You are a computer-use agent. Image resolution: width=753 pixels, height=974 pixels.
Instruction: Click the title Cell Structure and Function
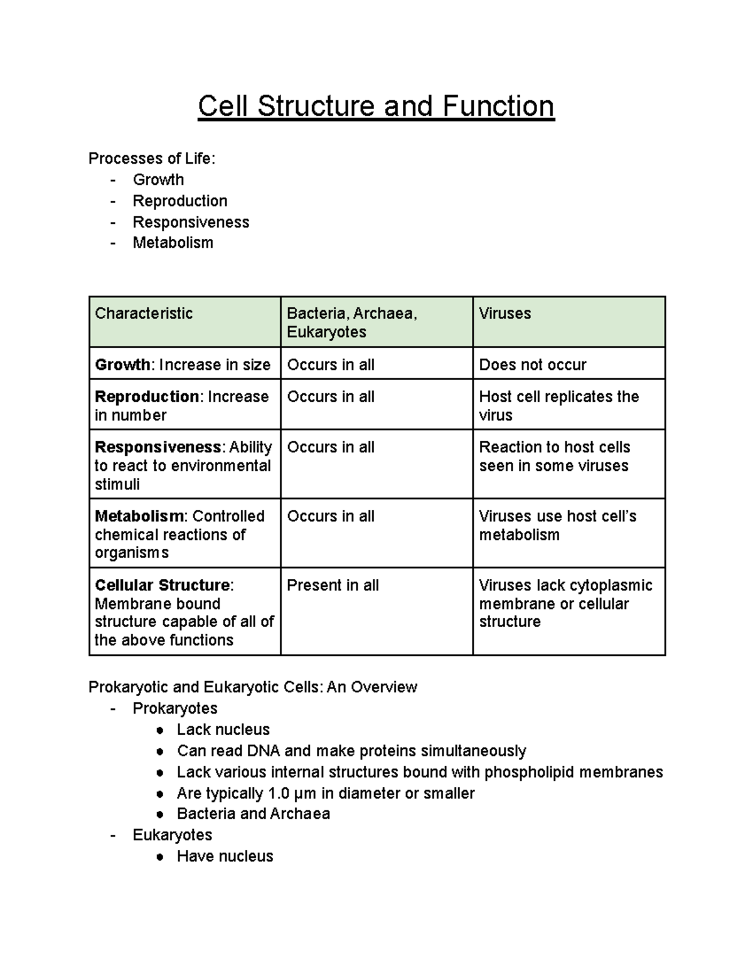pyautogui.click(x=376, y=106)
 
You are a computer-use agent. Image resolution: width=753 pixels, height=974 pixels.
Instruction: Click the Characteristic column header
pyautogui.click(x=144, y=314)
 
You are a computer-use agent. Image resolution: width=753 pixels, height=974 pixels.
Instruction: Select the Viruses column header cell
pyautogui.click(x=505, y=314)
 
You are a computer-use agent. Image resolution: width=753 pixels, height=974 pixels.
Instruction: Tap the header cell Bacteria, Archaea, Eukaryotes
pyautogui.click(x=351, y=322)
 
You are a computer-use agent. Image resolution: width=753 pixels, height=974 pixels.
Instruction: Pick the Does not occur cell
pyautogui.click(x=533, y=365)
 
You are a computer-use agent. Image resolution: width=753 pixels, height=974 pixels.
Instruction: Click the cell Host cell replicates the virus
pyautogui.click(x=558, y=406)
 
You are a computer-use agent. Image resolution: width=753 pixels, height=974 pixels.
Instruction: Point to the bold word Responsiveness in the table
pyautogui.click(x=158, y=447)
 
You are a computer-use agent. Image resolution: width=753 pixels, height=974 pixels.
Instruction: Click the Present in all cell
pyautogui.click(x=333, y=585)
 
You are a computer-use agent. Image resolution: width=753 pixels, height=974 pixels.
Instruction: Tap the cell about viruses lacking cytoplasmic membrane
pyautogui.click(x=565, y=603)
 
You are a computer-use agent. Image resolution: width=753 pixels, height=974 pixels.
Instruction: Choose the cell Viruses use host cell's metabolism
pyautogui.click(x=557, y=526)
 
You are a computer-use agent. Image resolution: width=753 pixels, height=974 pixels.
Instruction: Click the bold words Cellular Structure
pyautogui.click(x=163, y=585)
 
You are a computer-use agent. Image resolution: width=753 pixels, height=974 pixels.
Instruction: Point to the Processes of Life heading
pyautogui.click(x=152, y=159)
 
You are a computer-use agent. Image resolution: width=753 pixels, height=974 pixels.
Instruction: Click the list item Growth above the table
pyautogui.click(x=158, y=180)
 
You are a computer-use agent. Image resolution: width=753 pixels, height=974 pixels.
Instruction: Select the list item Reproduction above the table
pyautogui.click(x=180, y=201)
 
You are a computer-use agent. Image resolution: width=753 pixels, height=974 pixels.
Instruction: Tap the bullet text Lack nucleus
pyautogui.click(x=223, y=729)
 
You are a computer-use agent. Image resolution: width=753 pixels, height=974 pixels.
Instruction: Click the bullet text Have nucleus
pyautogui.click(x=225, y=856)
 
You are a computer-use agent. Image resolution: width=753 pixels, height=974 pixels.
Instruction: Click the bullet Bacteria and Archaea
pyautogui.click(x=254, y=814)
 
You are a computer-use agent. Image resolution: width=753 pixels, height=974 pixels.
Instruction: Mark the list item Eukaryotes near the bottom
pyautogui.click(x=173, y=835)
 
